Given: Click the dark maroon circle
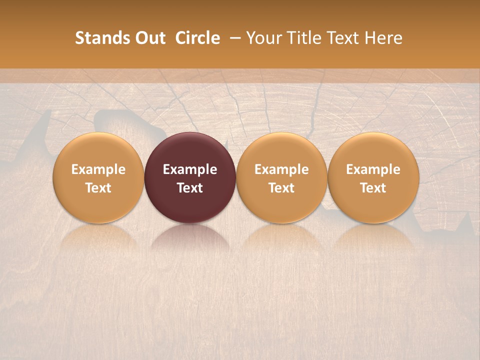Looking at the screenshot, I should pyautogui.click(x=190, y=177).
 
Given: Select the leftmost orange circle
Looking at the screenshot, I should pyautogui.click(x=98, y=177).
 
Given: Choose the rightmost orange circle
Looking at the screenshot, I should pyautogui.click(x=373, y=177).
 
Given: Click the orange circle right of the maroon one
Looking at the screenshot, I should pyautogui.click(x=281, y=177).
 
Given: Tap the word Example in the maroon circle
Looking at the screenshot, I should pyautogui.click(x=190, y=169).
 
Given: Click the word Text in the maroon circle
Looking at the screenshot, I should pyautogui.click(x=190, y=188).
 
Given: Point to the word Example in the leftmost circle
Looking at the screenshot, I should pyautogui.click(x=98, y=169).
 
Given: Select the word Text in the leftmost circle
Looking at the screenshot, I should pyautogui.click(x=98, y=188).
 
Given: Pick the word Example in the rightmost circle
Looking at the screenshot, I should pyautogui.click(x=373, y=169).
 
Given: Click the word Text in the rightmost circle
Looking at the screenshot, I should pyautogui.click(x=373, y=188).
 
